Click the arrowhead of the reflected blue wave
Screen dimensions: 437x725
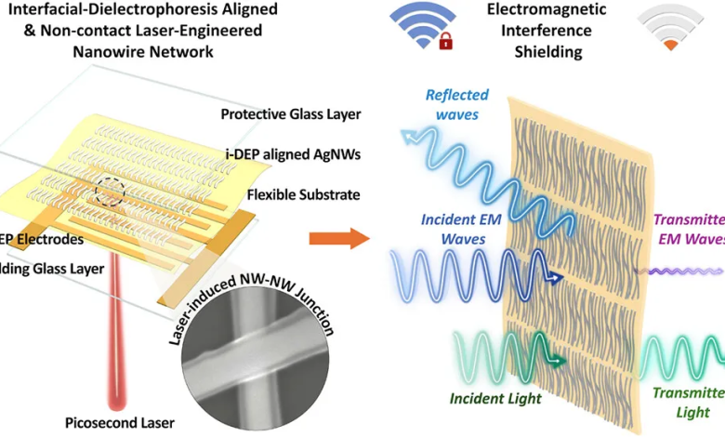(x=408, y=139)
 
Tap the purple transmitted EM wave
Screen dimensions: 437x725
(x=674, y=271)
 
